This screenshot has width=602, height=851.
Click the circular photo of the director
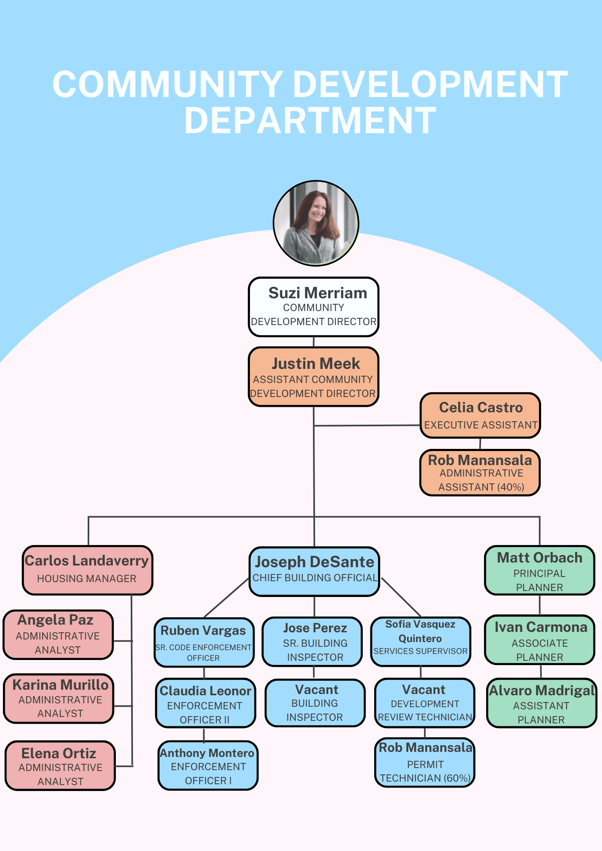(x=316, y=223)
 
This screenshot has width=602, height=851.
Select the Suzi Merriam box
(x=314, y=307)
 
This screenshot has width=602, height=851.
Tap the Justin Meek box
(x=314, y=377)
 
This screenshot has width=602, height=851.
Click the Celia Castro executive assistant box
(x=480, y=415)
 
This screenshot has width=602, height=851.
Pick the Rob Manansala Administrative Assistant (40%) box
(x=480, y=473)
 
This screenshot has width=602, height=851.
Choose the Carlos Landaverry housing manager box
(x=87, y=570)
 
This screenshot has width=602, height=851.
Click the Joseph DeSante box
(x=314, y=571)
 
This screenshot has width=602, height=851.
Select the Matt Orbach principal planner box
(x=539, y=570)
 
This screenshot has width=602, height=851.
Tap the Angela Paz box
(x=58, y=634)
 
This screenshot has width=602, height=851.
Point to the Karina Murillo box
(x=59, y=698)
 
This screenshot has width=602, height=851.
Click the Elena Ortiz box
(x=60, y=766)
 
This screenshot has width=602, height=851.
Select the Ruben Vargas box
(x=204, y=642)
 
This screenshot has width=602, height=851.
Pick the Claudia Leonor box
(x=206, y=703)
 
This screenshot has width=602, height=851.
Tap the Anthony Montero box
(x=208, y=765)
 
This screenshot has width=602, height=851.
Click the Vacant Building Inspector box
(x=315, y=703)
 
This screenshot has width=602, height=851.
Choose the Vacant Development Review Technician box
(x=424, y=703)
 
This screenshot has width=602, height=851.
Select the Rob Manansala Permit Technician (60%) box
(x=425, y=762)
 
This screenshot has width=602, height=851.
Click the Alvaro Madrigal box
(x=542, y=703)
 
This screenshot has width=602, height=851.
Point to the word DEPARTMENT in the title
(x=310, y=121)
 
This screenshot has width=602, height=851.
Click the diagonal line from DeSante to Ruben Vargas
(x=226, y=597)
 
